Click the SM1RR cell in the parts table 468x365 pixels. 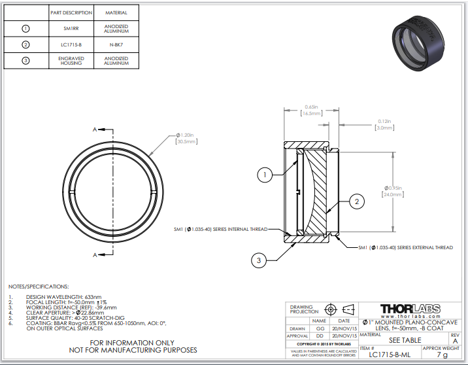click(71, 29)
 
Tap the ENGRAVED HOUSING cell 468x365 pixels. click(71, 61)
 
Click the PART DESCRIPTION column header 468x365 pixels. click(71, 12)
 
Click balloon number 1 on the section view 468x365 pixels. click(264, 175)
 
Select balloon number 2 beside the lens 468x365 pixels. click(356, 202)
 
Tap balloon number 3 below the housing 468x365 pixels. click(259, 260)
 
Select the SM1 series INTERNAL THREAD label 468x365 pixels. click(220, 230)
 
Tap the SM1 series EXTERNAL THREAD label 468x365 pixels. click(405, 248)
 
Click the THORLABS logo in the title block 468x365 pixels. click(410, 308)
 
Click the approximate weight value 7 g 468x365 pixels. click(442, 355)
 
